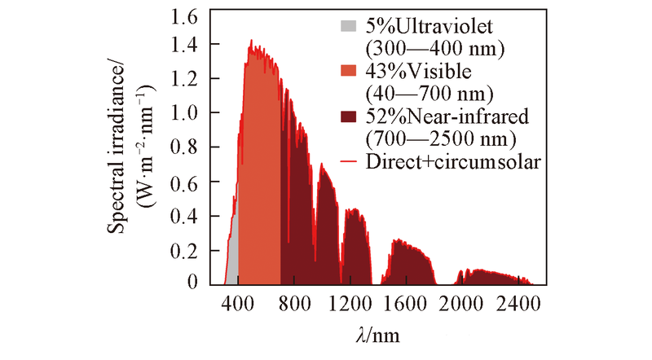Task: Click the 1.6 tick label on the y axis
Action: (192, 17)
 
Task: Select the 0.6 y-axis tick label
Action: (192, 182)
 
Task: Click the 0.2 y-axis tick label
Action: (192, 249)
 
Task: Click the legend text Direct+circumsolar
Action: (456, 161)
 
